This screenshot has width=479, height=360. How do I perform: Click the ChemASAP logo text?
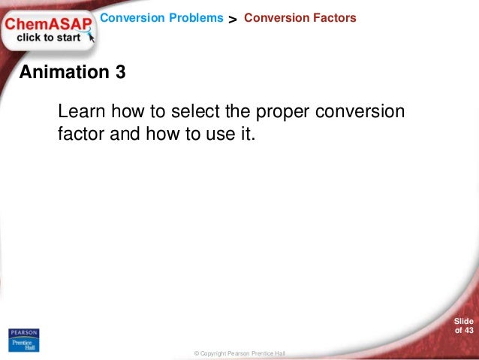tap(48, 24)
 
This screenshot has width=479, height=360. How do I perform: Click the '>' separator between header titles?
tap(233, 18)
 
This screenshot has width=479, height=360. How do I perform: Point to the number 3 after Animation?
tap(120, 73)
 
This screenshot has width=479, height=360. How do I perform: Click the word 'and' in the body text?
tap(124, 136)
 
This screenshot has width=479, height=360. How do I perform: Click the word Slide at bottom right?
tap(464, 322)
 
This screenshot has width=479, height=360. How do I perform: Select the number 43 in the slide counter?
tap(468, 331)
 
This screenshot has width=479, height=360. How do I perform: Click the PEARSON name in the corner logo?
tap(23, 333)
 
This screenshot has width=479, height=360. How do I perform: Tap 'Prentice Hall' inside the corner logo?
tap(23, 344)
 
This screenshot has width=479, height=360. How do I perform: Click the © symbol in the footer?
tap(196, 353)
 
